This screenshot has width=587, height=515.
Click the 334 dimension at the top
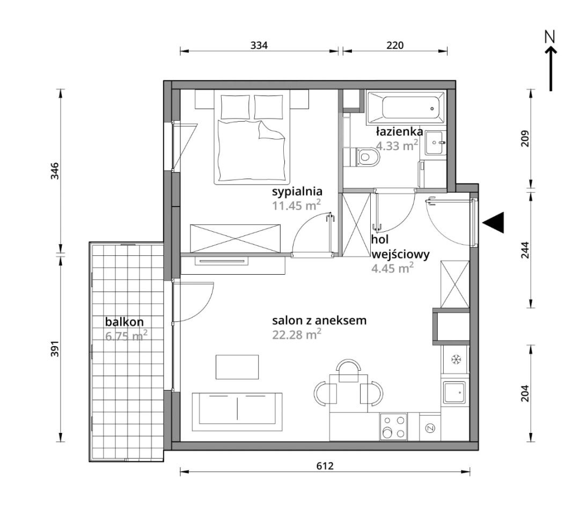[259, 45]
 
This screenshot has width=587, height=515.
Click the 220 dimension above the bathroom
[395, 45]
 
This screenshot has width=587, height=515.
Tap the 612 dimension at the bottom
[325, 466]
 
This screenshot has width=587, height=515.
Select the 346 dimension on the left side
[55, 171]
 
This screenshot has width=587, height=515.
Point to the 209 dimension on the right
[526, 138]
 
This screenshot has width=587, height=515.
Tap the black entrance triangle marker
[493, 223]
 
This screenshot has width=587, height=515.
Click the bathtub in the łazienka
[406, 108]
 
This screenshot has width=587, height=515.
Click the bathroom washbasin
[434, 143]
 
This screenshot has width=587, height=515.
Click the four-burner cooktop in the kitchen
[393, 426]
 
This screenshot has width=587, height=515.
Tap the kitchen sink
[454, 393]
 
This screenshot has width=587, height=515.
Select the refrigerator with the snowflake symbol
[455, 359]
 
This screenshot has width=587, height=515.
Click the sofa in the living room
[237, 411]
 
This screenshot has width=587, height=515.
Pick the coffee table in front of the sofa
[237, 367]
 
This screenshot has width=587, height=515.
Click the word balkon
[124, 322]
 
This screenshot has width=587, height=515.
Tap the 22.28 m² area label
[297, 334]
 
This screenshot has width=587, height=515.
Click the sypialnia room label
[297, 192]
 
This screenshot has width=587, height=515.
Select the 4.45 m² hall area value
[392, 268]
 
